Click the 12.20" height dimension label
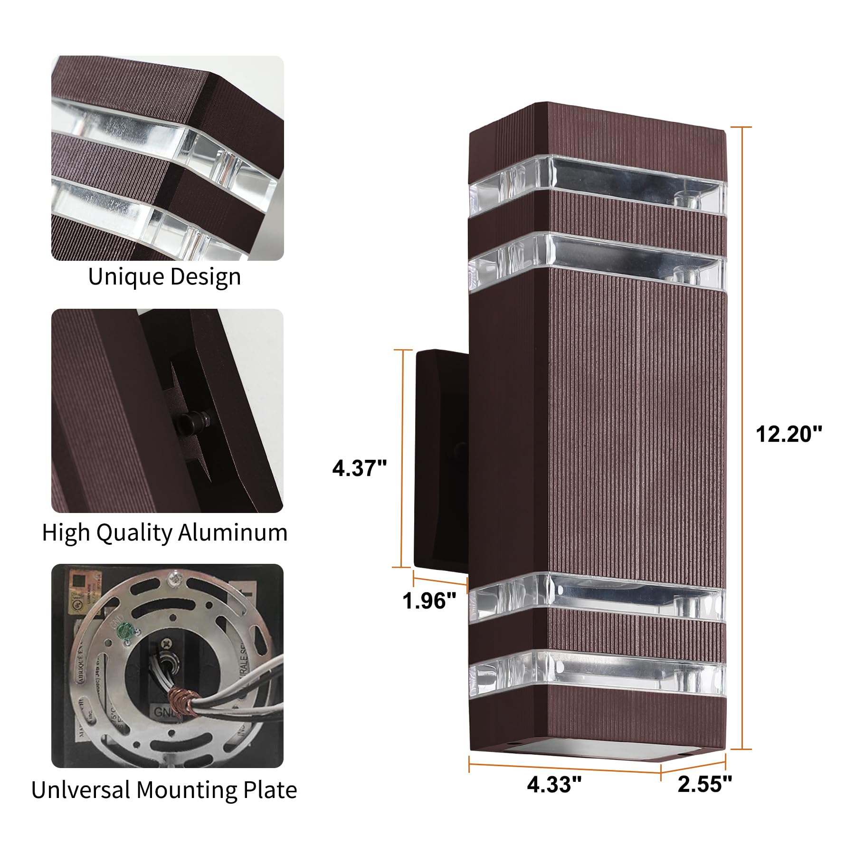tap(788, 434)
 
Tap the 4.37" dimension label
tap(359, 468)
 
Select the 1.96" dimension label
tap(429, 600)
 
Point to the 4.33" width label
tap(554, 784)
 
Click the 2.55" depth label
tap(704, 784)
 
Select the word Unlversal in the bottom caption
tap(81, 790)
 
